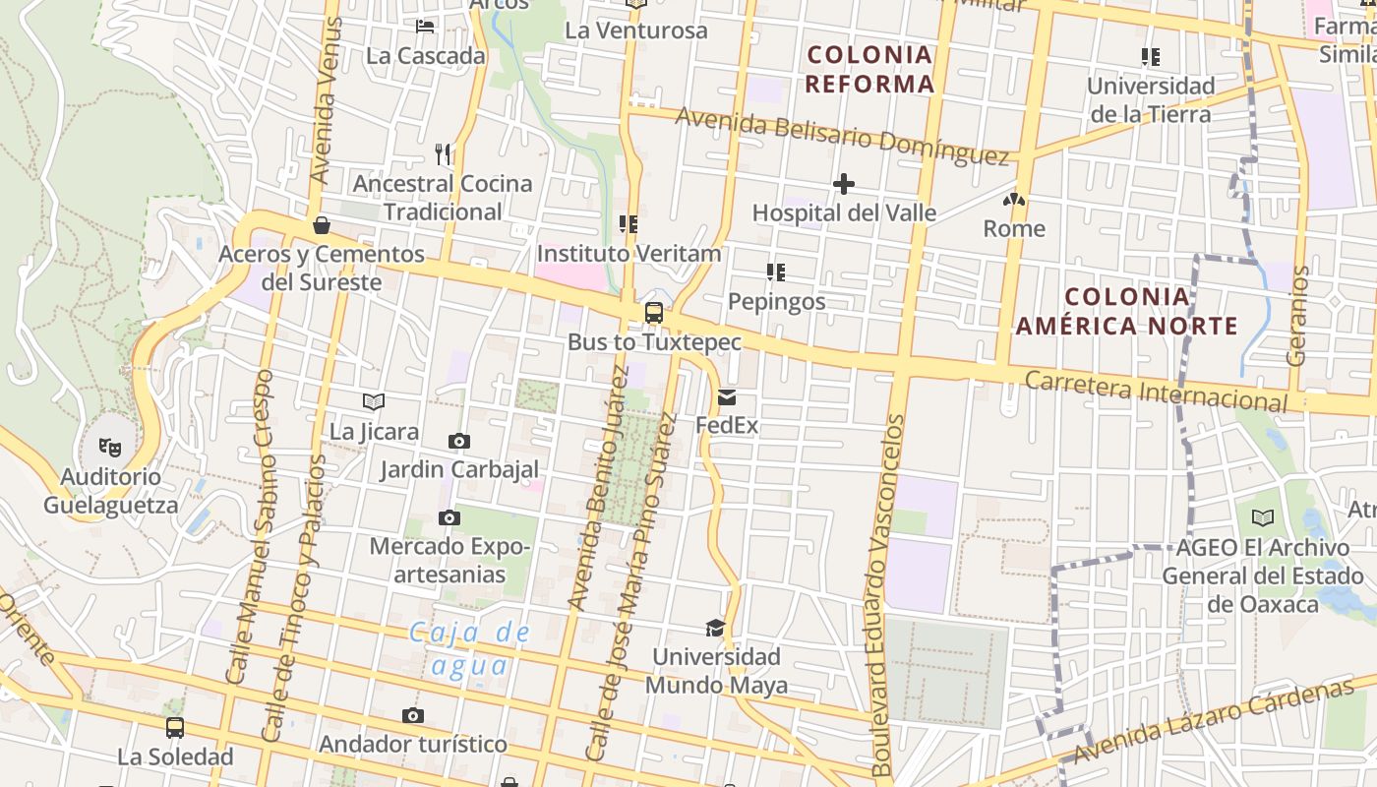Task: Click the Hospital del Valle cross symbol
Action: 843,184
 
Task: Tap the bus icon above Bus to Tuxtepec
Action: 653,313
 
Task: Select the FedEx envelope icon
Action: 727,397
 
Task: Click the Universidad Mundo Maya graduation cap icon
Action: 715,628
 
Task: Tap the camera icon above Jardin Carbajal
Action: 458,441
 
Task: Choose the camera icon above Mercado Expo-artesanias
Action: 449,517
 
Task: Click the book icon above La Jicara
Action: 374,401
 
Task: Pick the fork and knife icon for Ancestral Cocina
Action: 443,154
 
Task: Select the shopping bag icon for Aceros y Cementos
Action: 321,225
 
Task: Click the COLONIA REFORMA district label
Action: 869,69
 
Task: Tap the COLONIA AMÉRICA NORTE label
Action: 1126,311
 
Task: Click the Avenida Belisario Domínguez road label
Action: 842,135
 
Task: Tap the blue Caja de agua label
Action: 469,649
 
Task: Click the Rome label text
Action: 1014,229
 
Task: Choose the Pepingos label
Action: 777,301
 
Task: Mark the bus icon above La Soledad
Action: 175,728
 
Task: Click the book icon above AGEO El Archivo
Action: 1263,517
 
